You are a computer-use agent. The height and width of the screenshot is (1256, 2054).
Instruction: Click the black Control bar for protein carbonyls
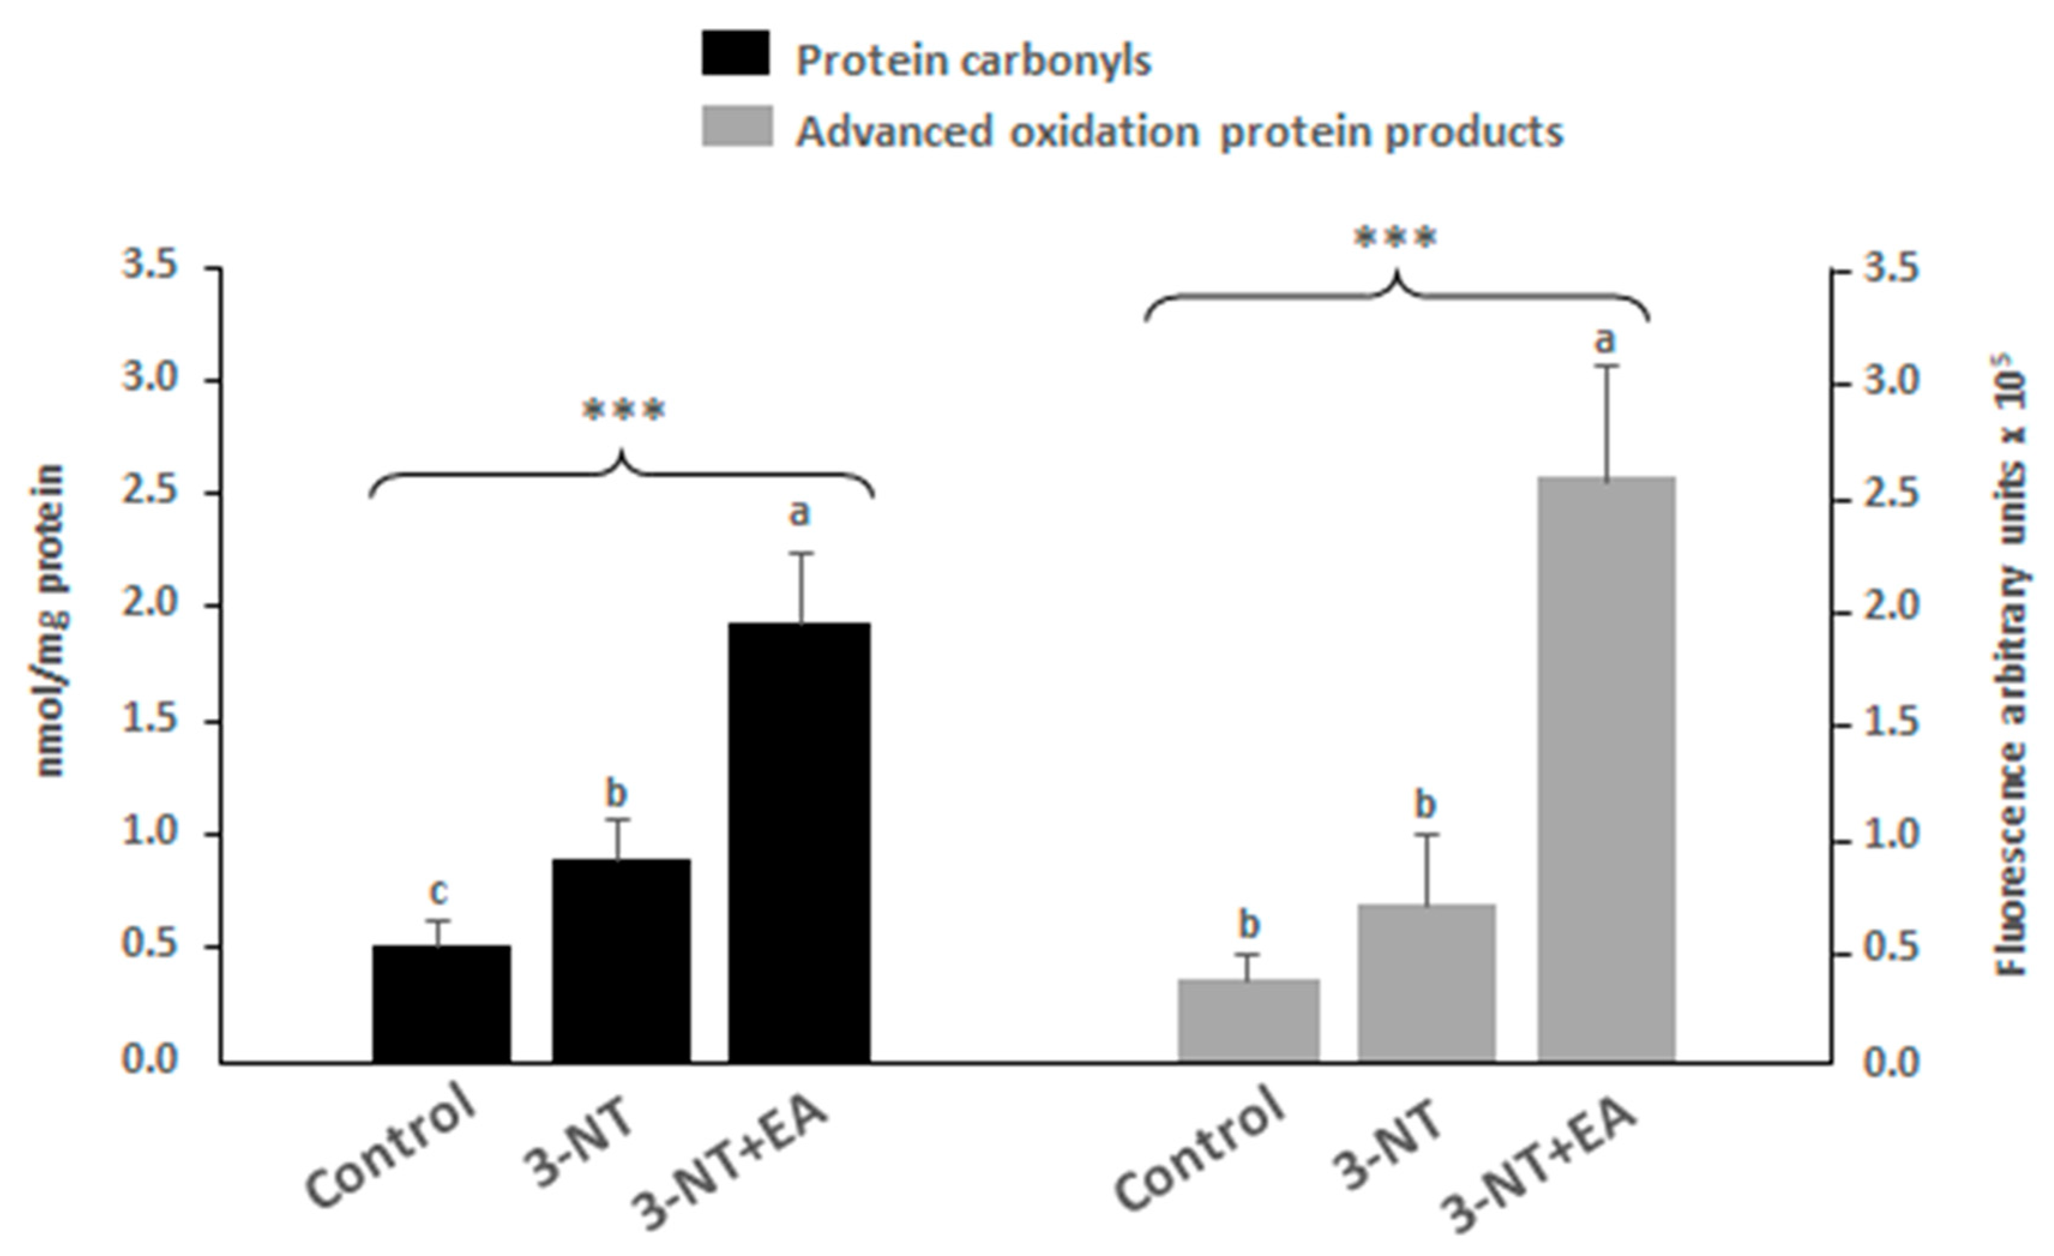click(441, 1004)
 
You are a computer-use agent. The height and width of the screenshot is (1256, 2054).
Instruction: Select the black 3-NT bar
click(621, 960)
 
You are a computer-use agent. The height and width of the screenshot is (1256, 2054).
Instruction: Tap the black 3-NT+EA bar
click(799, 842)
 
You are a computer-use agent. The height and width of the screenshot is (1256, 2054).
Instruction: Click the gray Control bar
click(1248, 1020)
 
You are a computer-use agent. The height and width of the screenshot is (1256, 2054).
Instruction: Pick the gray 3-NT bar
click(1426, 983)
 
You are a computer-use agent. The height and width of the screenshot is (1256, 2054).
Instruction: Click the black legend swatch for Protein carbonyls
click(735, 53)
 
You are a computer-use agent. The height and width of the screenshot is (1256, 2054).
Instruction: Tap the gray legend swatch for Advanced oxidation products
click(737, 126)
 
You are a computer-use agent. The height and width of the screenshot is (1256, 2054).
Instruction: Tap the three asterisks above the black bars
click(624, 411)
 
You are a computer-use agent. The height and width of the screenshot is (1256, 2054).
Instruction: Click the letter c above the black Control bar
click(438, 891)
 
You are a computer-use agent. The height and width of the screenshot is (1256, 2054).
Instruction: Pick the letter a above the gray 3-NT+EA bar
click(1605, 340)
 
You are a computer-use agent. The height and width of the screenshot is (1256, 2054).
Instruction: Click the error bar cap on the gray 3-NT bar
click(1426, 835)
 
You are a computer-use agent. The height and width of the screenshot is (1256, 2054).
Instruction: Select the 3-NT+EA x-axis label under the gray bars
click(1542, 1171)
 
